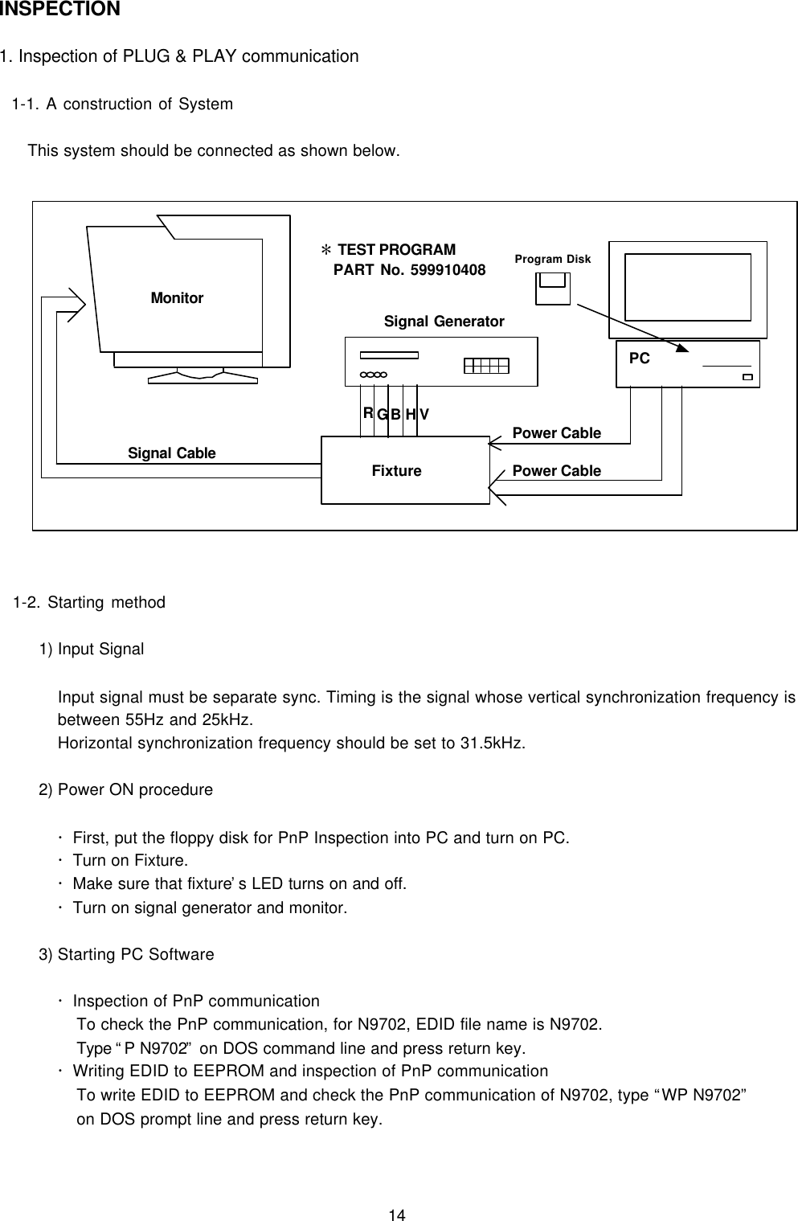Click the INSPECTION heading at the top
tap(60, 10)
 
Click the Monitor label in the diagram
tap(177, 298)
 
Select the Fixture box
tap(404, 470)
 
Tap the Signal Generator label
tap(444, 322)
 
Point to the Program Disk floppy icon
tap(553, 288)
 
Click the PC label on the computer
tap(639, 359)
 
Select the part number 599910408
tap(448, 270)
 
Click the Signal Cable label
tap(172, 453)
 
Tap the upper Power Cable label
tap(556, 433)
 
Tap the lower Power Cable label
tap(556, 471)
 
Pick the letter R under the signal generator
tap(367, 413)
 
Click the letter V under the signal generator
tap(424, 414)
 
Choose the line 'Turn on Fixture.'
tap(130, 861)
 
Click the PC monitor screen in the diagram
tap(688, 287)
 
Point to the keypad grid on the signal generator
tap(487, 366)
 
